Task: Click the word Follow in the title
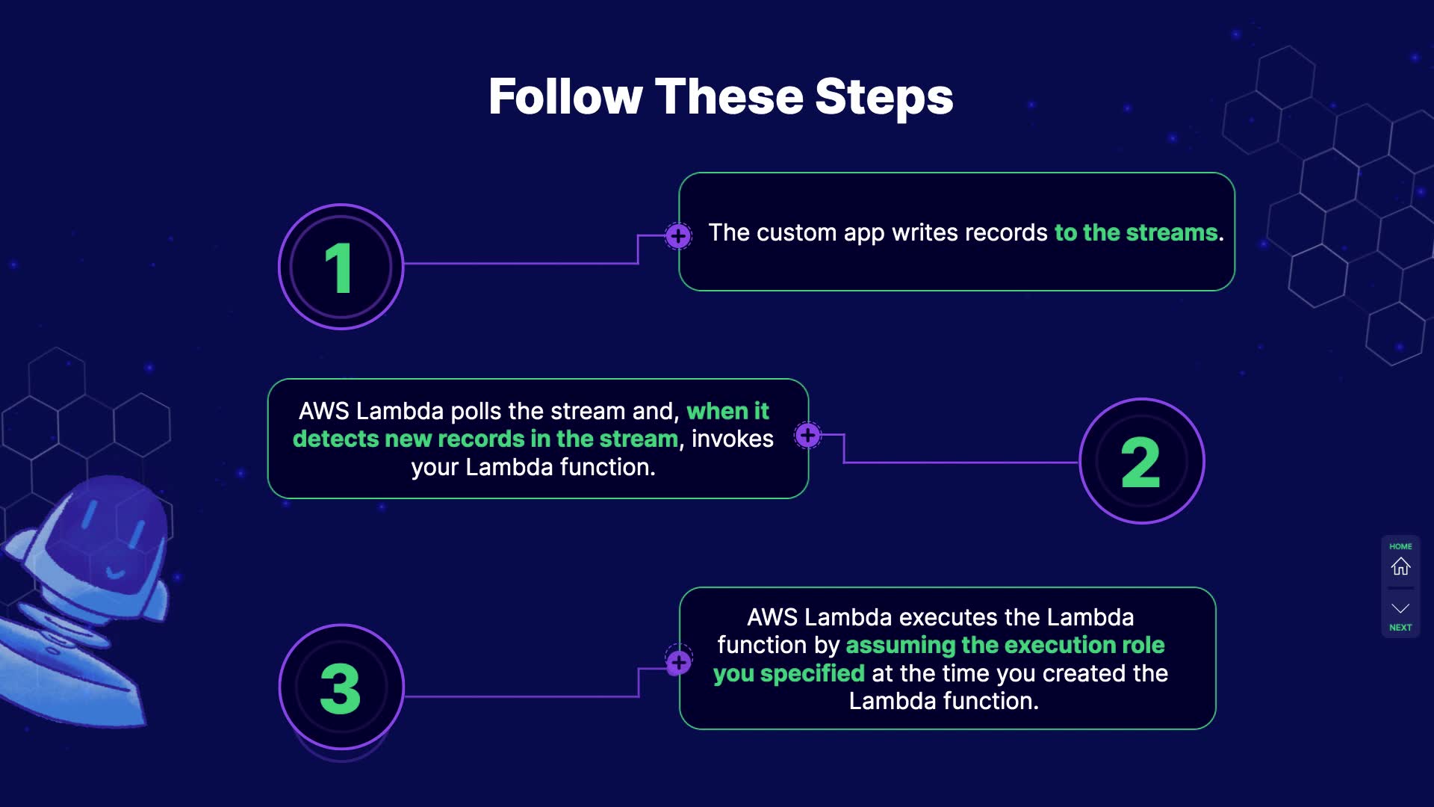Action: [x=565, y=97]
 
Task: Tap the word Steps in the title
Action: [x=884, y=97]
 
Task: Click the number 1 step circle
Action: [x=341, y=267]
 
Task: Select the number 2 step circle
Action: [x=1141, y=461]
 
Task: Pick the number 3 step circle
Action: [x=341, y=687]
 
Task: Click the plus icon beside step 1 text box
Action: [x=678, y=236]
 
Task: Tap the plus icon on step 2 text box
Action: [x=807, y=435]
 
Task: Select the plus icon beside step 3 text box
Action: [x=679, y=662]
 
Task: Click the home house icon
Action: [x=1400, y=566]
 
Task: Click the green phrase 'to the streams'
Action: [x=1135, y=232]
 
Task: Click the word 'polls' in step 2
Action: [x=476, y=411]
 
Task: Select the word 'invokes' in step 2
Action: [x=732, y=439]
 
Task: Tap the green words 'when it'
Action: [x=727, y=411]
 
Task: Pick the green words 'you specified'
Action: [x=789, y=673]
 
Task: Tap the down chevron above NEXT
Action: [x=1400, y=608]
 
